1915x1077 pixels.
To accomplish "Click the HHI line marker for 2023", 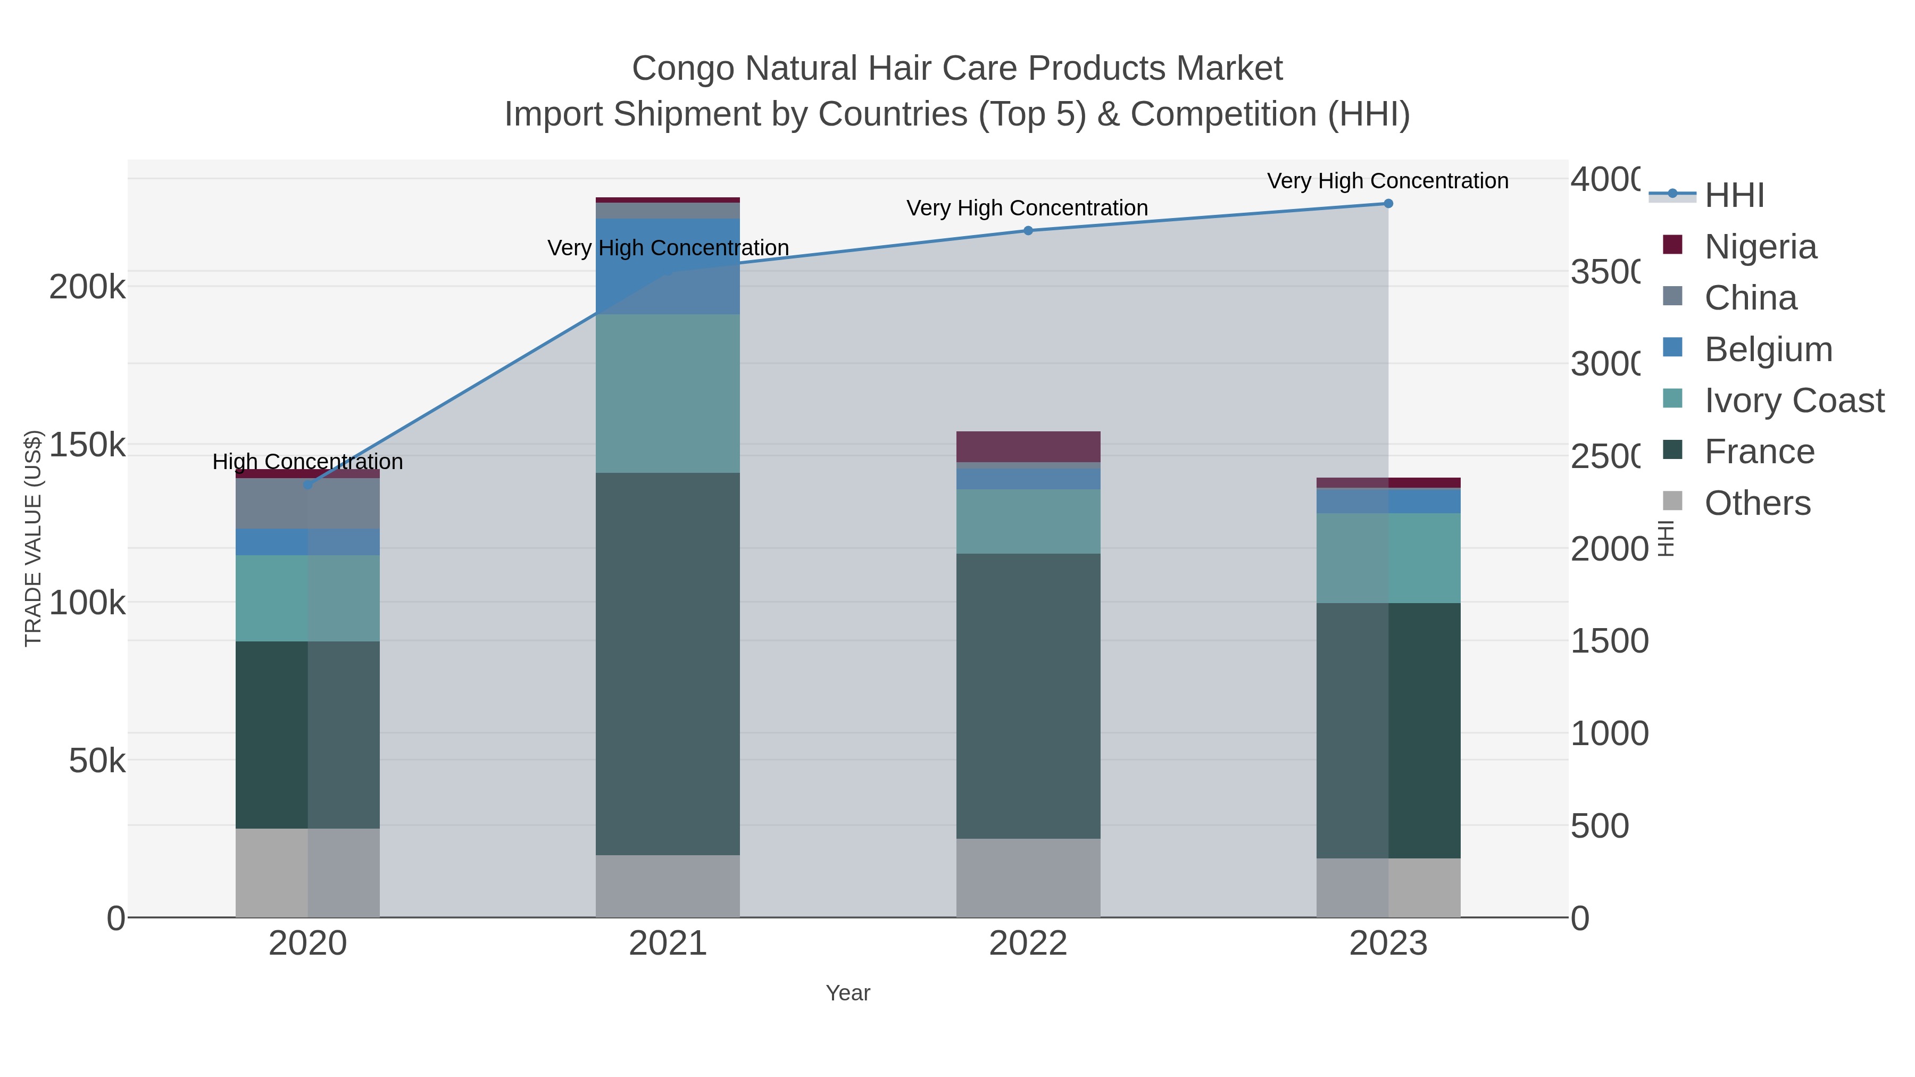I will coord(1388,204).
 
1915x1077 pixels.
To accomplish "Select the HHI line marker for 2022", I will coord(1028,230).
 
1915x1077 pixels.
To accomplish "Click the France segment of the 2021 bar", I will coord(668,663).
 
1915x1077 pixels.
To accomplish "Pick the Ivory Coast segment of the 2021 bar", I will coord(668,393).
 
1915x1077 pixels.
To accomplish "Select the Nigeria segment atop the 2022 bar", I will coord(1028,447).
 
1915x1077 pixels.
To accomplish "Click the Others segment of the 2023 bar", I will coord(1388,888).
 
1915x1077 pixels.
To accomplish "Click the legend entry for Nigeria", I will coord(1760,247).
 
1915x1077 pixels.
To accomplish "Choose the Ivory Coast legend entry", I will coord(1793,400).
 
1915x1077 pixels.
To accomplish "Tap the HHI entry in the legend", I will coord(1734,196).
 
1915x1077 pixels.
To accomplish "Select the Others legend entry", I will coord(1756,503).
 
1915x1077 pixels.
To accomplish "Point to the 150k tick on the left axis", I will coord(87,445).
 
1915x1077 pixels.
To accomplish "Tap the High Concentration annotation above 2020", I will coord(308,462).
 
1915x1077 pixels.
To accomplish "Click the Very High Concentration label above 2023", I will coord(1387,181).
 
